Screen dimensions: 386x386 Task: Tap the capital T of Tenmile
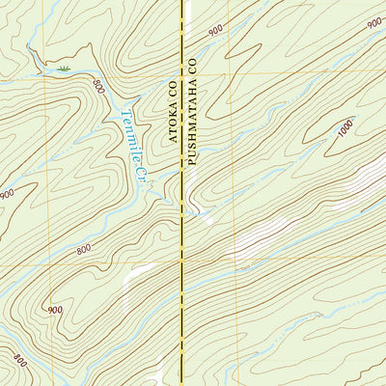pyautogui.click(x=126, y=110)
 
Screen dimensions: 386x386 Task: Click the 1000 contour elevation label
pyautogui.click(x=346, y=127)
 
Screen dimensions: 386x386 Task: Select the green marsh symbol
pyautogui.click(x=64, y=69)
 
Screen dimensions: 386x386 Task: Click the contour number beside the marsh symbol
pyautogui.click(x=97, y=86)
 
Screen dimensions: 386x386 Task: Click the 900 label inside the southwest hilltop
pyautogui.click(x=54, y=309)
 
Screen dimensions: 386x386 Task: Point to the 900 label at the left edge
pyautogui.click(x=7, y=194)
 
